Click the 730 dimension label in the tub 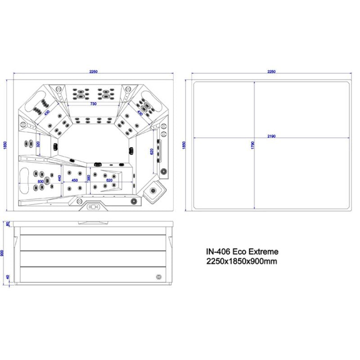click(93, 104)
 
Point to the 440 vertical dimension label click(59, 178)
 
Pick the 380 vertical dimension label click(89, 178)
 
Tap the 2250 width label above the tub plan click(93, 72)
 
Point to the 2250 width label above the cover click(271, 72)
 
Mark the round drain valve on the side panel click(158, 277)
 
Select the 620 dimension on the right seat click(152, 152)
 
